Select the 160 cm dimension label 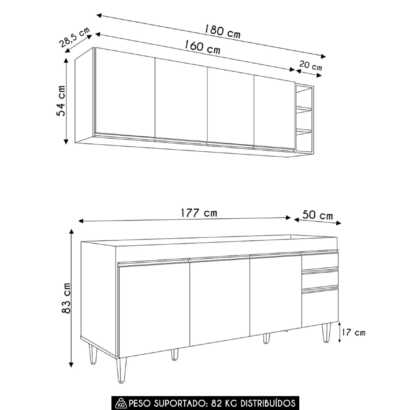203,47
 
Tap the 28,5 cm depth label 75,37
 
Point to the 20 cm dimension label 310,65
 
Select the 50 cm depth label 318,215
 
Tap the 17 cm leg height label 353,332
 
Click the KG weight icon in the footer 121,402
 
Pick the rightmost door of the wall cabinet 274,112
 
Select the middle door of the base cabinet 219,301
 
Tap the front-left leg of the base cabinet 121,370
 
